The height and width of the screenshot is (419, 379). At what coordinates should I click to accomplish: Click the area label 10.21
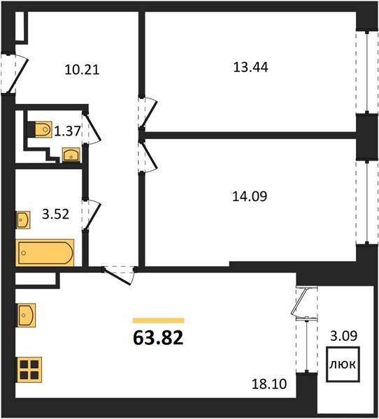pyautogui.click(x=82, y=70)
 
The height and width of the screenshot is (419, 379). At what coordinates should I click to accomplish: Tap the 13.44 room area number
pyautogui.click(x=250, y=67)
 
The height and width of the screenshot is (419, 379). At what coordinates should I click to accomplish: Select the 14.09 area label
pyautogui.click(x=250, y=196)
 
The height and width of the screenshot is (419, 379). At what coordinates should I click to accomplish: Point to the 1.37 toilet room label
pyautogui.click(x=67, y=131)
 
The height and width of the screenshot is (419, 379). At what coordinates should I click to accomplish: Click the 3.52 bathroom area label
pyautogui.click(x=56, y=214)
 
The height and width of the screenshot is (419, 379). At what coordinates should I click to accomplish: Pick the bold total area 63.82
pyautogui.click(x=158, y=337)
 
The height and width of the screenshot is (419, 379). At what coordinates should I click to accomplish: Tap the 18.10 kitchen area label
pyautogui.click(x=269, y=384)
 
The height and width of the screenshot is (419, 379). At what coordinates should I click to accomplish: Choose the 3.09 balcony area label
pyautogui.click(x=343, y=336)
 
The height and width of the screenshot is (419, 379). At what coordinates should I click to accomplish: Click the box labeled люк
pyautogui.click(x=343, y=364)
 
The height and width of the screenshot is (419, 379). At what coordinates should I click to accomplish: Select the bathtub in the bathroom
pyautogui.click(x=45, y=253)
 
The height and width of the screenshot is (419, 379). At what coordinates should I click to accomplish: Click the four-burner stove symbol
pyautogui.click(x=29, y=369)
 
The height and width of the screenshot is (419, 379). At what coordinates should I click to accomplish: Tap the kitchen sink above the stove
pyautogui.click(x=27, y=315)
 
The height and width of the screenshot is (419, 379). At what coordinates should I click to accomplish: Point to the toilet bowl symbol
pyautogui.click(x=43, y=129)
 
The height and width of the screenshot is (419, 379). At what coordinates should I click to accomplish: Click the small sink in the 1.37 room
pyautogui.click(x=71, y=155)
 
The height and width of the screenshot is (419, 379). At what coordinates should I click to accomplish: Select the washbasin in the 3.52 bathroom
pyautogui.click(x=23, y=220)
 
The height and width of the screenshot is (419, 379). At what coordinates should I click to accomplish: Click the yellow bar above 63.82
pyautogui.click(x=159, y=321)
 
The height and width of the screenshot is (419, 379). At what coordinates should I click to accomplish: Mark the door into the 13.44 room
pyautogui.click(x=148, y=112)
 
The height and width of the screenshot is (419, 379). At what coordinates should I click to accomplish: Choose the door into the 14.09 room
pyautogui.click(x=148, y=156)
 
